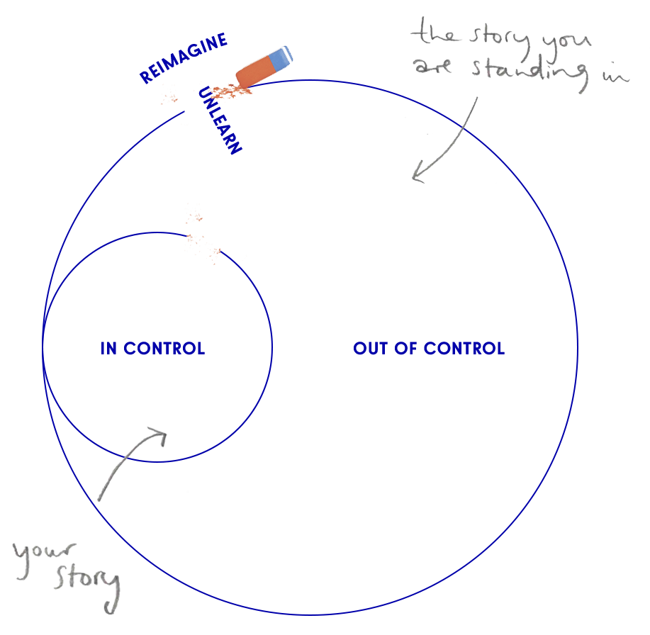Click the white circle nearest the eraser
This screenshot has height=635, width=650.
pyautogui.click(x=196, y=107)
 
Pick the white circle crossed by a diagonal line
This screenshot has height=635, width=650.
pyautogui.click(x=257, y=288)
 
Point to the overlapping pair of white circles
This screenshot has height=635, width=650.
pyautogui.click(x=212, y=252)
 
